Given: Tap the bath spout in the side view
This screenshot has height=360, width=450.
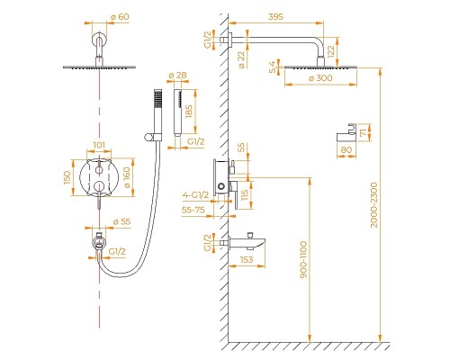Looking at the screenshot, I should coord(257,240).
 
